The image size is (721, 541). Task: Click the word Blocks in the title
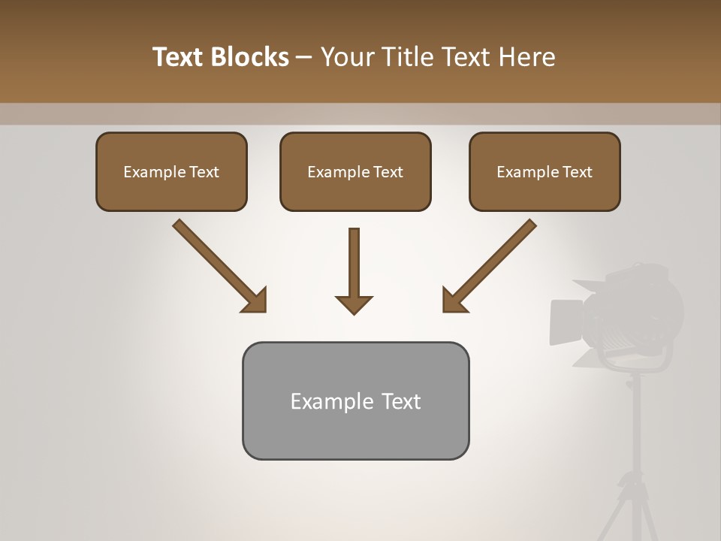tap(251, 57)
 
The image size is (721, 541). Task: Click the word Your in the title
tap(348, 57)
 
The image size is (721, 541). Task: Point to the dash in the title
tap(305, 58)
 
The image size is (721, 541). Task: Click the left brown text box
tap(171, 171)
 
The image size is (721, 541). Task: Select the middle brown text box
tap(355, 171)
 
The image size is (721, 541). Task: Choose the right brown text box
tap(545, 171)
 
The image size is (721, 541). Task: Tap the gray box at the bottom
tap(355, 400)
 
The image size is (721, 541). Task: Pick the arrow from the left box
tap(217, 264)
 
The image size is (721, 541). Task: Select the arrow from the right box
tap(491, 264)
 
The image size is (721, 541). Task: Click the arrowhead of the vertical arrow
tap(354, 304)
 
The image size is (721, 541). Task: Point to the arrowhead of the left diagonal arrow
tap(255, 301)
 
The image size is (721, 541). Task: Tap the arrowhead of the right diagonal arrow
tap(454, 301)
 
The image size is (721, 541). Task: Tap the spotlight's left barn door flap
tap(566, 322)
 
